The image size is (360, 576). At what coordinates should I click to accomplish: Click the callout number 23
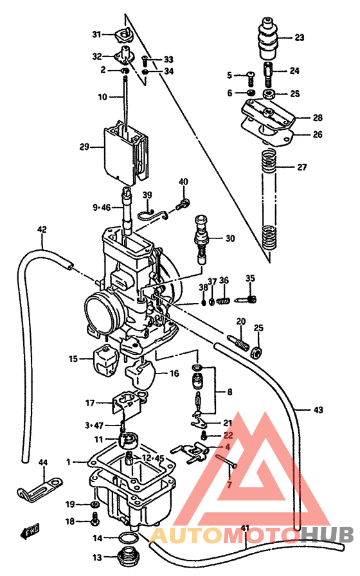[299, 37]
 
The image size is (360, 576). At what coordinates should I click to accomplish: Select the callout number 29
[84, 147]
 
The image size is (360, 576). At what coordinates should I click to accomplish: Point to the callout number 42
[42, 229]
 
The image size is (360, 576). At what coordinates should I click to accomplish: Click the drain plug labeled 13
[131, 557]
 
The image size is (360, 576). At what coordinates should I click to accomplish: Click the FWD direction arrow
[32, 531]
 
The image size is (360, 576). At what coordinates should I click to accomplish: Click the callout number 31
[96, 34]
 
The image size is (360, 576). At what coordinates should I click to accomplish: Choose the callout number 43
[319, 410]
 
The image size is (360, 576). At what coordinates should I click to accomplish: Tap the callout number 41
[245, 529]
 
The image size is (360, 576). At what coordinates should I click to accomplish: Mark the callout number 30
[230, 239]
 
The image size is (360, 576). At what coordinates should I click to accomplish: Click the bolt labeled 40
[184, 204]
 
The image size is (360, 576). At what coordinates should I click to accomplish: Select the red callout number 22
[228, 435]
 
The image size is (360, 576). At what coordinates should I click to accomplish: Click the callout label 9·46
[102, 207]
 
